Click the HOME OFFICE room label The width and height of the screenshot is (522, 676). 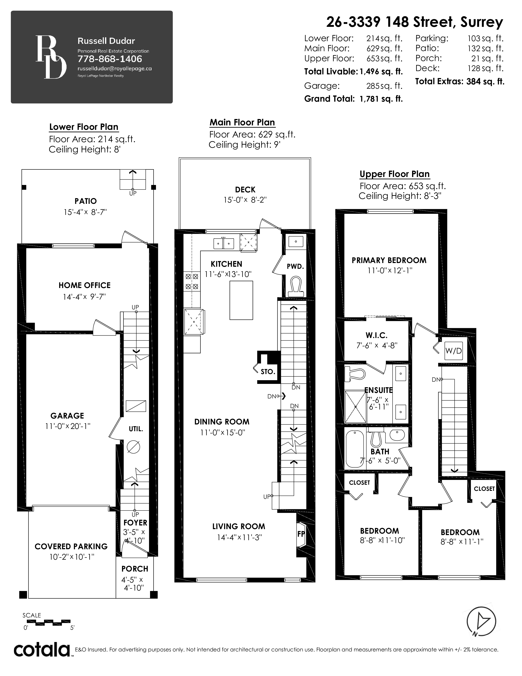tap(84, 285)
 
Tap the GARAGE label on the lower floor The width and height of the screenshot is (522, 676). tap(67, 415)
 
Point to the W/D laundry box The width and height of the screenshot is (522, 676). tap(453, 351)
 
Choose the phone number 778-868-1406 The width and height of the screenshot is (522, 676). tap(110, 59)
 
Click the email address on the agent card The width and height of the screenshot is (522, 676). tap(114, 69)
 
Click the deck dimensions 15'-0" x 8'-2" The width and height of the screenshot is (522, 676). tap(245, 200)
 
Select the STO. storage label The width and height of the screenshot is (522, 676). tap(268, 372)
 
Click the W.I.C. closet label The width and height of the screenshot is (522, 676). tap(376, 335)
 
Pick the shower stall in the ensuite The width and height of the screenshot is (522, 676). tap(356, 407)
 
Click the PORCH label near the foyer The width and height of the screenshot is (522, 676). tap(135, 569)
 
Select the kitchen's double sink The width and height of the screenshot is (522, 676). tap(224, 244)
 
